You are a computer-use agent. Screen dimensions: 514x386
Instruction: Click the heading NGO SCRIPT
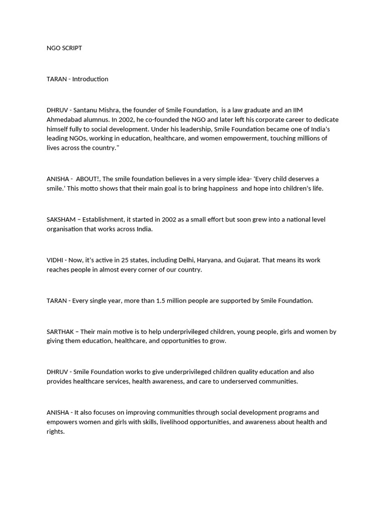pos(64,48)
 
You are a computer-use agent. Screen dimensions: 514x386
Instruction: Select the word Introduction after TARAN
pos(90,79)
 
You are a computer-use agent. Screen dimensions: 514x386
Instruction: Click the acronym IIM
pos(297,110)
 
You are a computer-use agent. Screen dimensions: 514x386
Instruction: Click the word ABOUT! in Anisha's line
pos(88,179)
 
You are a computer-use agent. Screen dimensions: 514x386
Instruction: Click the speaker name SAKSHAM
pos(61,219)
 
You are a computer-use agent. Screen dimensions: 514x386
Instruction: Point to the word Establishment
pos(103,219)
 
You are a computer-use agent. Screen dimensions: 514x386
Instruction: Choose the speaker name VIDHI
pos(56,260)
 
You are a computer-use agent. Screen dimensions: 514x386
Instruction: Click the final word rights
pos(55,432)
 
